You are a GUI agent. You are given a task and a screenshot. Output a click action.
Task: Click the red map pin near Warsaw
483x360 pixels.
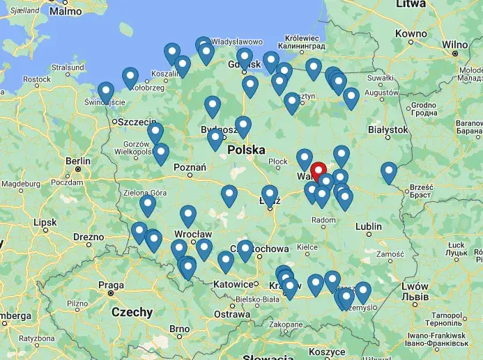click(319, 171)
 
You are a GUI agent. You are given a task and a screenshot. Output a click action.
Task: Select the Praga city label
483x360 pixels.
click(111, 285)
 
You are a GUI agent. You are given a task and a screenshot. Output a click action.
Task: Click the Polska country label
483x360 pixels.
click(246, 149)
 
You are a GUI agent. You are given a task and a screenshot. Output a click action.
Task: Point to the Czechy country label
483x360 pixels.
click(131, 312)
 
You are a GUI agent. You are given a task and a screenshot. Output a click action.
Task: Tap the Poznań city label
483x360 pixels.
click(190, 167)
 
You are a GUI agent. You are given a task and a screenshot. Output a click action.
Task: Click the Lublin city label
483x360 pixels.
click(368, 226)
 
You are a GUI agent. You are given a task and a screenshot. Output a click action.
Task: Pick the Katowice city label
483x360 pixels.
click(232, 284)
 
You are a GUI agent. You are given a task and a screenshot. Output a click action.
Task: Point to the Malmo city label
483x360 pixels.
click(66, 11)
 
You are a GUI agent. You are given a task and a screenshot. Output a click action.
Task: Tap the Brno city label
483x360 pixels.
click(179, 329)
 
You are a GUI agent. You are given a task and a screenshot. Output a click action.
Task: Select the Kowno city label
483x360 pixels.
click(411, 33)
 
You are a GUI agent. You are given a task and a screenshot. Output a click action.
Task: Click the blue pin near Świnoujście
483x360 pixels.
click(106, 91)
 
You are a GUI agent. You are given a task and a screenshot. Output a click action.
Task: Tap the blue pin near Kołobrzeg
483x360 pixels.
click(130, 77)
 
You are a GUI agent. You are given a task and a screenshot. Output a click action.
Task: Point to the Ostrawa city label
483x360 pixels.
click(231, 314)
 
